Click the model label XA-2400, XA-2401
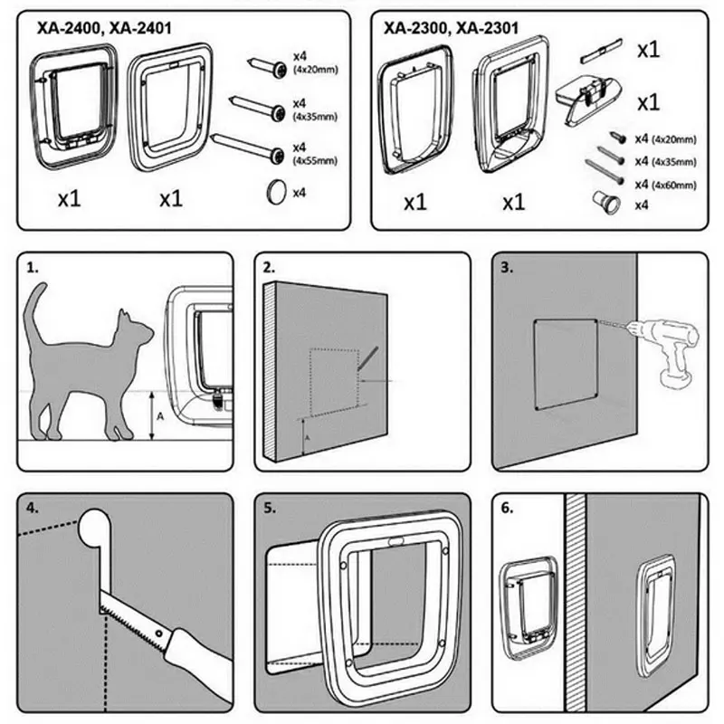point(104,28)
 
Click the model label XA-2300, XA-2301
point(451,28)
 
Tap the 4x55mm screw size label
point(316,161)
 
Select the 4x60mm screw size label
point(673,186)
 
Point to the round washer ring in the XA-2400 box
point(277,192)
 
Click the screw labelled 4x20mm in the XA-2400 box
point(268,67)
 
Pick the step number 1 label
point(33,268)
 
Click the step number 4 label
point(33,508)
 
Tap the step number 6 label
point(507,508)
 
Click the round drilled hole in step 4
point(94,528)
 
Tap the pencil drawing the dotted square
point(368,358)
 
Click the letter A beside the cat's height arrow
point(160,416)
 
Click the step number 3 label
point(507,268)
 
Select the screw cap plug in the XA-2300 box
point(606,203)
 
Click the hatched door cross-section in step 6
point(576,603)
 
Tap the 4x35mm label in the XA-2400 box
point(316,117)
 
